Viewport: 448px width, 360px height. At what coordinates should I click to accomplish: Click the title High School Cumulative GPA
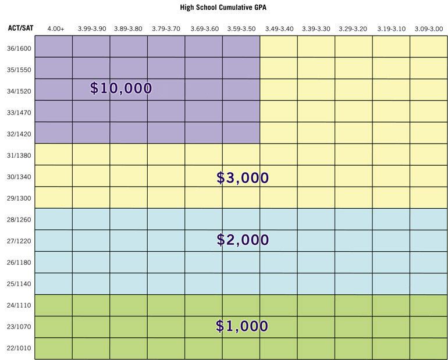click(224, 9)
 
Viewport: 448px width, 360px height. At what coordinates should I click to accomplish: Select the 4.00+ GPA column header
click(55, 28)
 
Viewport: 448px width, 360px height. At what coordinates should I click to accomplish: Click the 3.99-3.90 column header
click(91, 28)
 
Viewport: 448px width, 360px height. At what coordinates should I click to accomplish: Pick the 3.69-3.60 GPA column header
click(204, 28)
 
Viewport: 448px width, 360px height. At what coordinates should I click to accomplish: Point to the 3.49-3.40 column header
click(279, 28)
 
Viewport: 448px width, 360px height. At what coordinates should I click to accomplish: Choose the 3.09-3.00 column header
click(429, 28)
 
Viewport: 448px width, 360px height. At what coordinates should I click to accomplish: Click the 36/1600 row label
click(17, 48)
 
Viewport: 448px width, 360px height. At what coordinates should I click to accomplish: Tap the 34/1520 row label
click(17, 91)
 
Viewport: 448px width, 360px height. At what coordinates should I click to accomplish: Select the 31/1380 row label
click(17, 155)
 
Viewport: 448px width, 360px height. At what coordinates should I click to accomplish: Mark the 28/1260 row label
click(17, 220)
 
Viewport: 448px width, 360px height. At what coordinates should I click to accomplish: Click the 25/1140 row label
click(17, 284)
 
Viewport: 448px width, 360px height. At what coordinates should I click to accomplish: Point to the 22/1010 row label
click(17, 348)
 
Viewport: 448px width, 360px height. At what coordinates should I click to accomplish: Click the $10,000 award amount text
click(121, 88)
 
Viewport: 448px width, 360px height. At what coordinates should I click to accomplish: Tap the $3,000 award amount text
click(243, 178)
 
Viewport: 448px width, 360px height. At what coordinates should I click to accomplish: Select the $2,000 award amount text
click(243, 239)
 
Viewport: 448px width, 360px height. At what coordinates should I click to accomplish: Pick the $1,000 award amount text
click(242, 326)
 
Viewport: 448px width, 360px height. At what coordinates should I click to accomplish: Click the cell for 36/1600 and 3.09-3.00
click(429, 47)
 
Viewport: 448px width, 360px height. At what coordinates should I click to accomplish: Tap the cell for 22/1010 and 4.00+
click(54, 348)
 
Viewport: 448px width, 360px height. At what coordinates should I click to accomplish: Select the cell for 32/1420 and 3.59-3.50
click(241, 133)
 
